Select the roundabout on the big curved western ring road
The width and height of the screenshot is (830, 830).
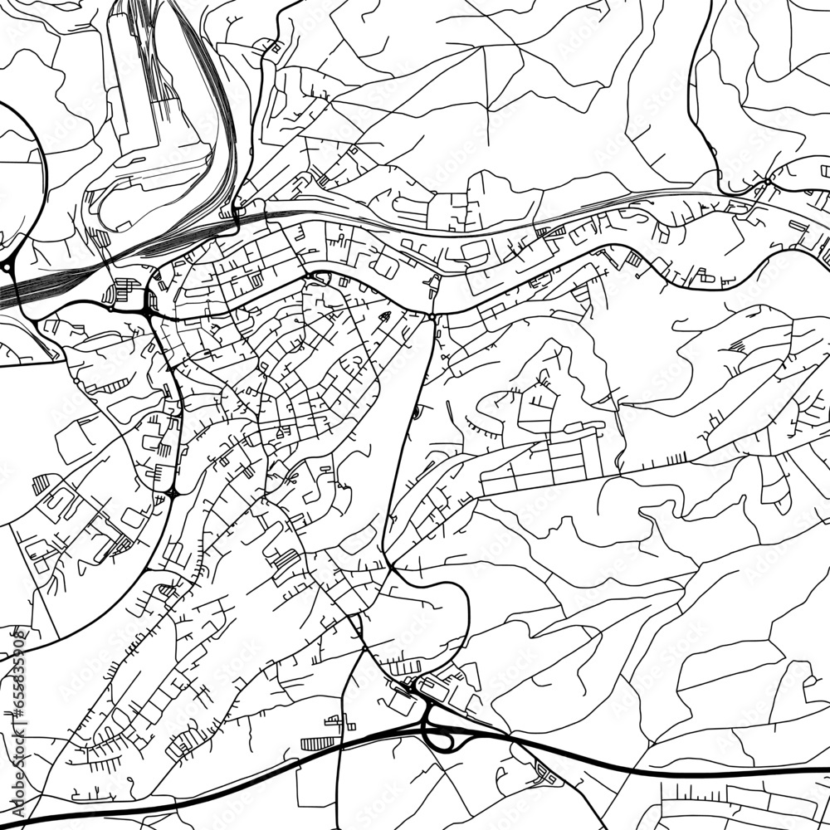click(8, 266)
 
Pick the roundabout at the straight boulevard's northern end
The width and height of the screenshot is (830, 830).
click(432, 315)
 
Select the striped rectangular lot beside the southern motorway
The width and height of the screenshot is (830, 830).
click(315, 743)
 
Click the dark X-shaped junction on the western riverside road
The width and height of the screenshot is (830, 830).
click(173, 494)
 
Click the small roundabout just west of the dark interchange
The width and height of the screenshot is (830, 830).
click(111, 307)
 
